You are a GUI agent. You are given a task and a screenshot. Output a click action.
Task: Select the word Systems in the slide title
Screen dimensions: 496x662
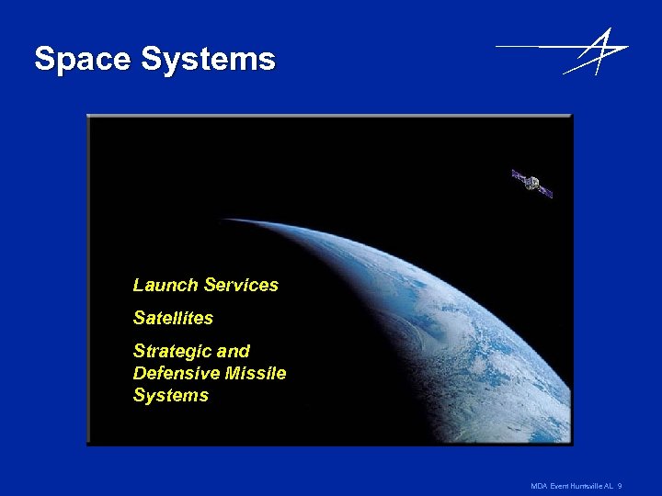coord(209,60)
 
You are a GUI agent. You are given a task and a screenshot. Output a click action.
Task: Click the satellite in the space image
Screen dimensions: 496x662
coord(532,184)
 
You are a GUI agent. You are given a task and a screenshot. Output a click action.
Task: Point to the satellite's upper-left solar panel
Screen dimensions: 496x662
coord(519,176)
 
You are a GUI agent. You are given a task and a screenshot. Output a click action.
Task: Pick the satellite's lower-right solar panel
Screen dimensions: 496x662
coord(544,191)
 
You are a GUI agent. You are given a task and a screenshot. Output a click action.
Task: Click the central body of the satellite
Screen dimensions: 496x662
coord(532,184)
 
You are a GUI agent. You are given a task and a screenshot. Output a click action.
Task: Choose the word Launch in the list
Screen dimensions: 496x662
coord(165,286)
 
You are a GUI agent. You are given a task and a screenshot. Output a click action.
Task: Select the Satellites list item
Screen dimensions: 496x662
coord(173,319)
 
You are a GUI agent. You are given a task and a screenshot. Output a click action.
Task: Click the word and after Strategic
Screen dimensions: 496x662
coord(234,352)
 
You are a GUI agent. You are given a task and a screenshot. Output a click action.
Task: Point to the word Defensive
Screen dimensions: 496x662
coord(176,374)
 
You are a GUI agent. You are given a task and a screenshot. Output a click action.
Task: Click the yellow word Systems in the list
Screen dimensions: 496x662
coord(171,396)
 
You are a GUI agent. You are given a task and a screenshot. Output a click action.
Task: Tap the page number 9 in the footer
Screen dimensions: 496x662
coord(621,485)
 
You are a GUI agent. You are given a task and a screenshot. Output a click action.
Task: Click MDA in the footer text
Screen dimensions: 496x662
coord(540,485)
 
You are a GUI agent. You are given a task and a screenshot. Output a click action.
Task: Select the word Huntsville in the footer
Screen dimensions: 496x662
coord(586,485)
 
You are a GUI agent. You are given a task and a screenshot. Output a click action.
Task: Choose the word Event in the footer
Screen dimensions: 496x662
coord(559,485)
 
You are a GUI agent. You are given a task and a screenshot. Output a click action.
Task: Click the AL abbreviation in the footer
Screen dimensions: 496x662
coord(609,485)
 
